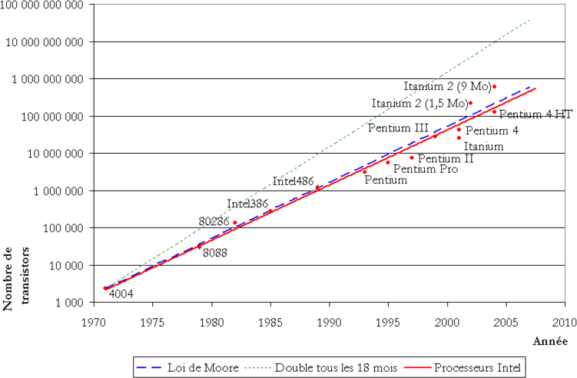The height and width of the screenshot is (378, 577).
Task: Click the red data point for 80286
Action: [x=235, y=222]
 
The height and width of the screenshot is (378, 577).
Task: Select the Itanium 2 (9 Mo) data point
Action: [x=495, y=87]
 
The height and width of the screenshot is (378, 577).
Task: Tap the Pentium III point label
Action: [x=398, y=128]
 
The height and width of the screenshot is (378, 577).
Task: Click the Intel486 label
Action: [x=293, y=181]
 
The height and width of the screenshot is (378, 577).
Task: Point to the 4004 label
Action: [x=121, y=293]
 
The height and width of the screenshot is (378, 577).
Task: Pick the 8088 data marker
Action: [x=200, y=247]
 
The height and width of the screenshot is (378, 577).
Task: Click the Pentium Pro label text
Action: [x=426, y=169]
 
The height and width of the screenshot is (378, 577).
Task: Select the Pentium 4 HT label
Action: [x=536, y=114]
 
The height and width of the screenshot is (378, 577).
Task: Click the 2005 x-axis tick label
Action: [x=506, y=323]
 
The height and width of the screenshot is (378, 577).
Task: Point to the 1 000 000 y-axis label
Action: [x=58, y=191]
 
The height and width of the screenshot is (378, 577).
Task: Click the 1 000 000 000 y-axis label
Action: [x=48, y=79]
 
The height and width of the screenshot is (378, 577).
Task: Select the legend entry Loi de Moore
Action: [x=187, y=367]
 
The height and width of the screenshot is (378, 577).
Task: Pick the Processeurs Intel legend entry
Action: [x=463, y=367]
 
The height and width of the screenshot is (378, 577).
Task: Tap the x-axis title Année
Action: [x=550, y=341]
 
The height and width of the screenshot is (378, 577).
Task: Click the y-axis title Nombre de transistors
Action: [x=16, y=279]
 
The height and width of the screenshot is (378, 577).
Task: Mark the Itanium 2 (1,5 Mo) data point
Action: [x=471, y=103]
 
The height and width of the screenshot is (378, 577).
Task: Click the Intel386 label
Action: [x=247, y=204]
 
